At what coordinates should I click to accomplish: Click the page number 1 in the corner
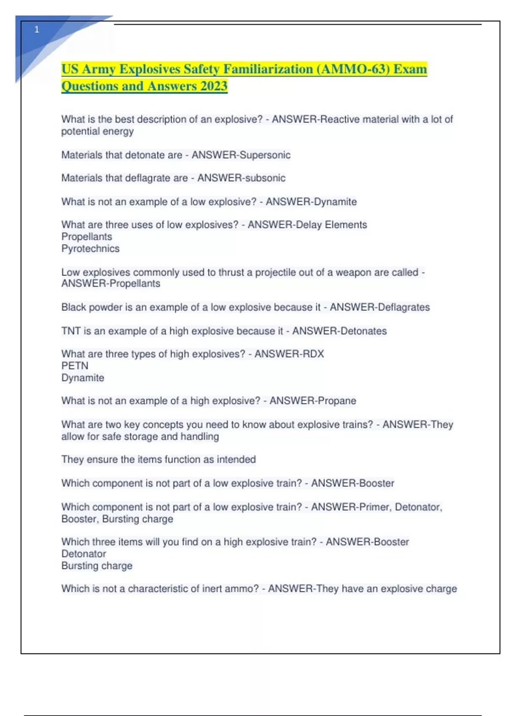click(37, 30)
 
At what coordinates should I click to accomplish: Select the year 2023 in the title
click(214, 86)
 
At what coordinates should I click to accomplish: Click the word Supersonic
click(265, 155)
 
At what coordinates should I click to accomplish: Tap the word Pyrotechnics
click(90, 249)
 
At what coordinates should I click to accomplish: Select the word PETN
click(75, 366)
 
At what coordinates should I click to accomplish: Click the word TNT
click(70, 331)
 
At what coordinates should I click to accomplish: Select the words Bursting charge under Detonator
click(97, 566)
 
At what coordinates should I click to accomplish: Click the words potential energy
click(97, 131)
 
